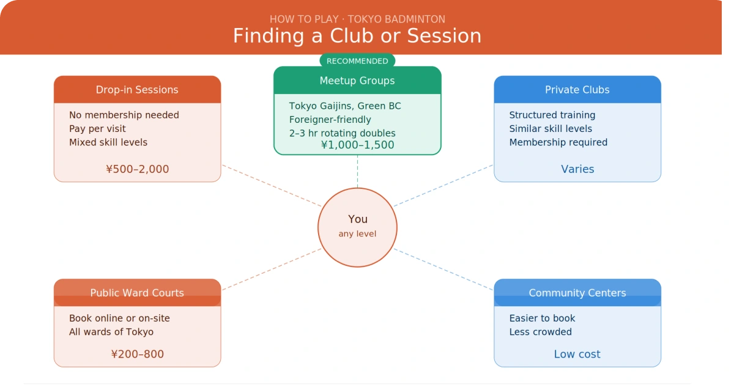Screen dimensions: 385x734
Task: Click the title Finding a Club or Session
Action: click(x=357, y=35)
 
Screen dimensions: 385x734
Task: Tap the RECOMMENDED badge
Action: click(x=357, y=61)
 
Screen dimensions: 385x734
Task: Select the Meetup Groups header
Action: click(x=357, y=81)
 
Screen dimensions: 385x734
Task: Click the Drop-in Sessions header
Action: click(x=137, y=90)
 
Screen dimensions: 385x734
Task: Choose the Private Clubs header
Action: click(x=577, y=90)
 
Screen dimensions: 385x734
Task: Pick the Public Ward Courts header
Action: click(x=137, y=293)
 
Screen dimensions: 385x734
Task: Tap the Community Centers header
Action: click(x=577, y=293)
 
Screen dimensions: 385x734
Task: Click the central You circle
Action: click(x=358, y=227)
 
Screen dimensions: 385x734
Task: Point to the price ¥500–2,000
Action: click(x=138, y=169)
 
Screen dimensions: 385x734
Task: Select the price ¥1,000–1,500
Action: click(x=358, y=145)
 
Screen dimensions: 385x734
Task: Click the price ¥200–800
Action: click(x=138, y=354)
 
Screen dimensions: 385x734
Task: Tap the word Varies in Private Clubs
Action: click(x=577, y=169)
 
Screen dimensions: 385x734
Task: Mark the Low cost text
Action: click(x=577, y=354)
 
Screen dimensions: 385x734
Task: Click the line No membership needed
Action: click(x=124, y=115)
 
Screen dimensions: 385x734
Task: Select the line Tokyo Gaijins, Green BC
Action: click(x=345, y=106)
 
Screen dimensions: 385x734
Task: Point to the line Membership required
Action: click(x=558, y=142)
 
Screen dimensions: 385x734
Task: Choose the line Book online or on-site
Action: click(x=119, y=318)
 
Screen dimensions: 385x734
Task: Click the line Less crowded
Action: click(x=541, y=332)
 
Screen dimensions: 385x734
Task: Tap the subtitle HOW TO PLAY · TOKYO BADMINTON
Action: click(x=357, y=19)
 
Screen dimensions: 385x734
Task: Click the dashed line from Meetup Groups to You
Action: click(x=357, y=172)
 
